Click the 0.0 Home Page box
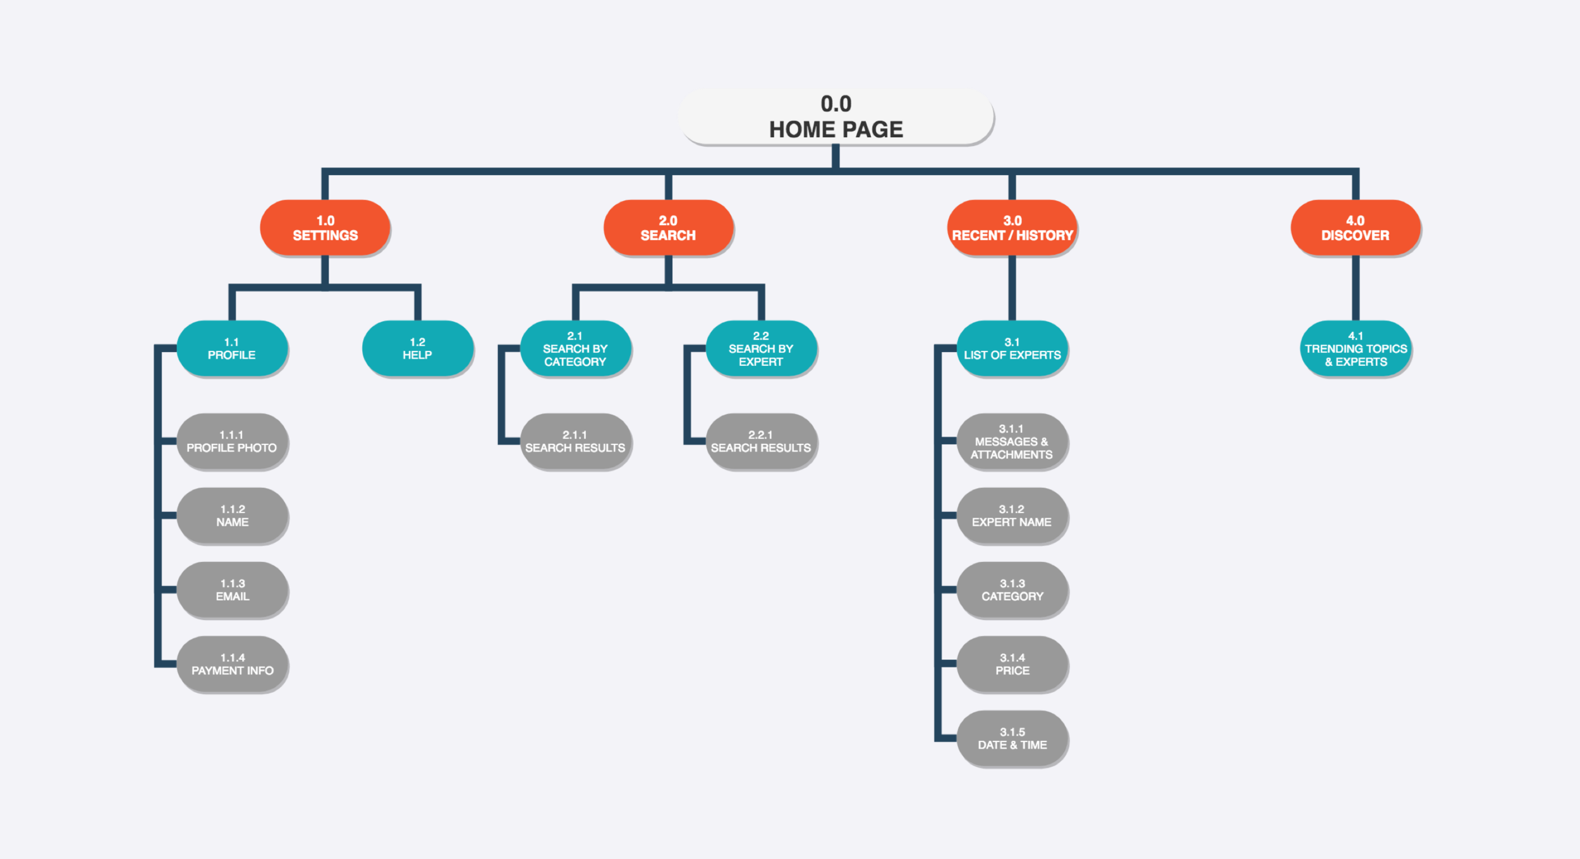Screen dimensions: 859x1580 836,116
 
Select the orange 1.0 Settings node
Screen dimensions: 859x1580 325,228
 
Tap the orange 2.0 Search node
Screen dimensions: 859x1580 668,228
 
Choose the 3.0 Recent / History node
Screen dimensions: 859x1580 1012,228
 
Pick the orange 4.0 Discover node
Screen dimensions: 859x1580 1355,228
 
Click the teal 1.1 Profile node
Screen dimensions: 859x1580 232,348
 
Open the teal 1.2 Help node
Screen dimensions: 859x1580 417,348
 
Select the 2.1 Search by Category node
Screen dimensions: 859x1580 575,348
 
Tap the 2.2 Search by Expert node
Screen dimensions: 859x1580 761,348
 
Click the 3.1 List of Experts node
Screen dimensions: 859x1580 1012,348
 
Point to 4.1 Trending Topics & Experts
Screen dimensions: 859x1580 1355,348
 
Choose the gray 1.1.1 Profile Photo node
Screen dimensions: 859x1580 232,441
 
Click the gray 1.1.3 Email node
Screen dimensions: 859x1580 232,590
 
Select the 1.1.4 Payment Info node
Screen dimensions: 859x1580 232,664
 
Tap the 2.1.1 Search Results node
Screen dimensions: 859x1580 575,441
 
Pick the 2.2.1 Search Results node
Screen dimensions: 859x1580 761,441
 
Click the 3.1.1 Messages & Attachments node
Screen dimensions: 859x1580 1012,441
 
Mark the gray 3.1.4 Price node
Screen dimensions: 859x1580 1012,664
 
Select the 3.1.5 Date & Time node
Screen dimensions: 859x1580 1012,738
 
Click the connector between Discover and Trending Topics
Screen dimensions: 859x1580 1355,288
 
